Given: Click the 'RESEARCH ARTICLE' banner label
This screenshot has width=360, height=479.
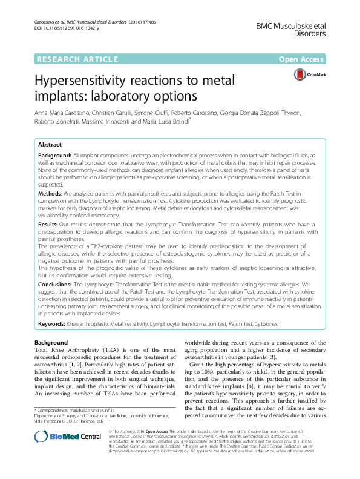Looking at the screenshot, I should (77, 59).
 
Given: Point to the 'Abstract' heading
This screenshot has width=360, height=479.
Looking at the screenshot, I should (50, 145).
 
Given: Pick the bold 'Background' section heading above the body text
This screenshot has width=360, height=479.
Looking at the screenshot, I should (51, 343).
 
